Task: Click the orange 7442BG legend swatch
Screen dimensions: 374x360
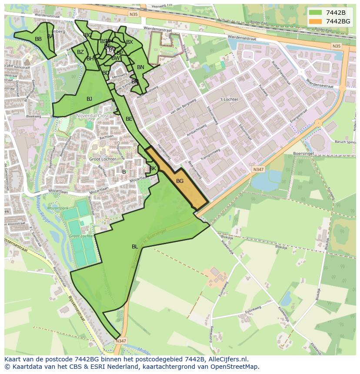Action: [x=315, y=21]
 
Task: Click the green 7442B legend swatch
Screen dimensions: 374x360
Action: [x=315, y=13]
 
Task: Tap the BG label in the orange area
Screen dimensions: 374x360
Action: [x=180, y=181]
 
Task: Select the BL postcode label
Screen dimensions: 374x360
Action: [x=135, y=247]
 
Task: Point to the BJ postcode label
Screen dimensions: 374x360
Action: [x=89, y=99]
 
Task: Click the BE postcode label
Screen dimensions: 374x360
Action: [x=129, y=119]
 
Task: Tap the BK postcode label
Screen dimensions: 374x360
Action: [x=153, y=169]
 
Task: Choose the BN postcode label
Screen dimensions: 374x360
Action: [x=140, y=67]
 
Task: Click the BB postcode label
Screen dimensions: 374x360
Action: [x=38, y=39]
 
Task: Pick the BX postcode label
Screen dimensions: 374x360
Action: [x=129, y=42]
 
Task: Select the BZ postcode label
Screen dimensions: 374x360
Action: [x=80, y=52]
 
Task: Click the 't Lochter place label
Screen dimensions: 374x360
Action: [x=229, y=99]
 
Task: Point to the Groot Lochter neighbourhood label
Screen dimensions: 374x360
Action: [x=102, y=159]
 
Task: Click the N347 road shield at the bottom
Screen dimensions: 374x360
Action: [x=121, y=341]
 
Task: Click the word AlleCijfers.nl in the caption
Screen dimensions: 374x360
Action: [x=229, y=359]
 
